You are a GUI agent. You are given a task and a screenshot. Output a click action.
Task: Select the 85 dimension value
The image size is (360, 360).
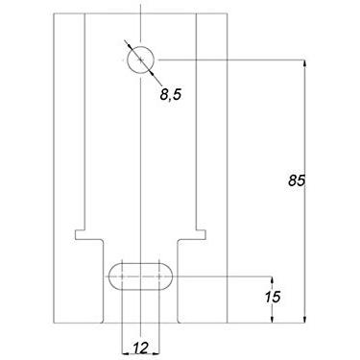tap(296, 180)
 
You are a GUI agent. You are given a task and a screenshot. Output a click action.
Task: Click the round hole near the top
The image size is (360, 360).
tap(140, 60)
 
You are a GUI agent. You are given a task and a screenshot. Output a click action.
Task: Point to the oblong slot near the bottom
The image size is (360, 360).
tap(140, 275)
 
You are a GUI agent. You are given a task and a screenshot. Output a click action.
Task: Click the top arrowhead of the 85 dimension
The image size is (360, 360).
tap(305, 63)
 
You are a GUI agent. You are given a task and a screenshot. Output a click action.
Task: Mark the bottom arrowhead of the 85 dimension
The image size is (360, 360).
tap(305, 317)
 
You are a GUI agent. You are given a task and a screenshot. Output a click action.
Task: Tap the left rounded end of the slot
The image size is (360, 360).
tap(112, 275)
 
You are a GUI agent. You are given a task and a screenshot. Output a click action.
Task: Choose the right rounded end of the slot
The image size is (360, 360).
tap(168, 275)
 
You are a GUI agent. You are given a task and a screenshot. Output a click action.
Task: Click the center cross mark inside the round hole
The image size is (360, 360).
tap(140, 60)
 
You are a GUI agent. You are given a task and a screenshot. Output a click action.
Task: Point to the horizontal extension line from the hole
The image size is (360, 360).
tap(230, 60)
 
